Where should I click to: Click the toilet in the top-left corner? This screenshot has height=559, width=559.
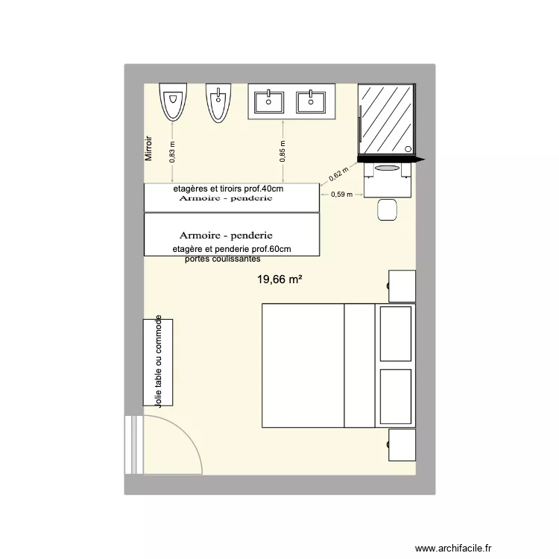coord(172,101)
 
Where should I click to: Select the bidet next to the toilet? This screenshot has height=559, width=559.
coord(218,101)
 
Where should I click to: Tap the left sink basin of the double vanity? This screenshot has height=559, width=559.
coord(267,101)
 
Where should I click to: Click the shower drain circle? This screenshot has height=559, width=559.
coord(408,148)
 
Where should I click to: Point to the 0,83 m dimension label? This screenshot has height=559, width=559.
coord(172,152)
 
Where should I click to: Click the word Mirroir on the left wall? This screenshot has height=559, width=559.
coord(149,148)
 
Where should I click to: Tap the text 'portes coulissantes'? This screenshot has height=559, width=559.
coord(222,259)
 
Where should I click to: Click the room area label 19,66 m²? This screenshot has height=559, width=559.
coord(279,279)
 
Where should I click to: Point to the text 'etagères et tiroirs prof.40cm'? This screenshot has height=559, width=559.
coord(228,189)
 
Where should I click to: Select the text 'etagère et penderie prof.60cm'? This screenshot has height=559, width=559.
coord(231,249)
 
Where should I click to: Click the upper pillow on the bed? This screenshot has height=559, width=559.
coord(396,332)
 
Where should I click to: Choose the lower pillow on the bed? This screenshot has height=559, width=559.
coord(396,396)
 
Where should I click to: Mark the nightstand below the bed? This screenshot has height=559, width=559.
coord(402,445)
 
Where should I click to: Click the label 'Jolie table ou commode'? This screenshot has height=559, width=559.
coord(158,361)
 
